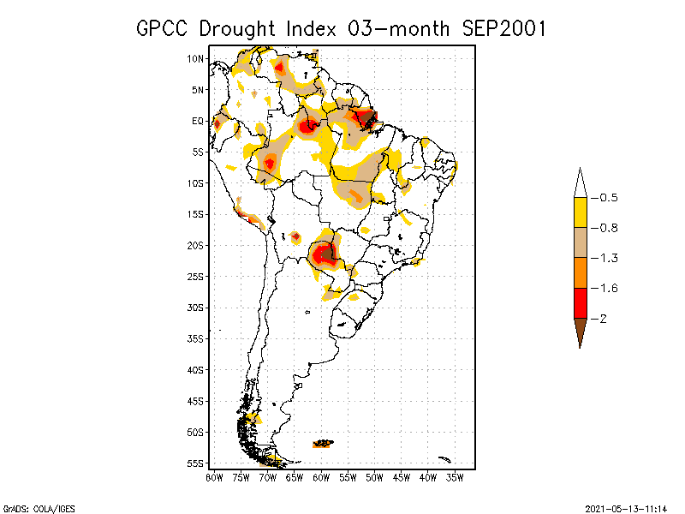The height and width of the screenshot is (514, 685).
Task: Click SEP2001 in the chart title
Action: [504, 28]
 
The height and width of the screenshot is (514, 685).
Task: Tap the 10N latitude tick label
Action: [197, 59]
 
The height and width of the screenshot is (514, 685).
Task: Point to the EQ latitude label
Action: [198, 122]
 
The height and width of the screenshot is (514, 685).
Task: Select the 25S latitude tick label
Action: [197, 277]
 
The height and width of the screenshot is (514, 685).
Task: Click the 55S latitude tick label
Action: [197, 463]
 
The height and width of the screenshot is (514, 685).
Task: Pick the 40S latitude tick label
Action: [197, 370]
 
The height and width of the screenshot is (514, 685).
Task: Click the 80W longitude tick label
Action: [214, 477]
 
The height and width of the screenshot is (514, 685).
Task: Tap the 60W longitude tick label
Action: [321, 477]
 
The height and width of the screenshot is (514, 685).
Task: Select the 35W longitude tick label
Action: [455, 477]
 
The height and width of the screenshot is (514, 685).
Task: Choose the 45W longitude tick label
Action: [401, 477]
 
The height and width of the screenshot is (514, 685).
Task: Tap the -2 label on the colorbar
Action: [605, 318]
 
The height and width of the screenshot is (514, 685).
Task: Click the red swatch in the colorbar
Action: [580, 302]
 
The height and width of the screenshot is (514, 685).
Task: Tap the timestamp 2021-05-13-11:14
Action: [626, 506]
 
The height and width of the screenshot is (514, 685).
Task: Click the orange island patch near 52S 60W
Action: [323, 444]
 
